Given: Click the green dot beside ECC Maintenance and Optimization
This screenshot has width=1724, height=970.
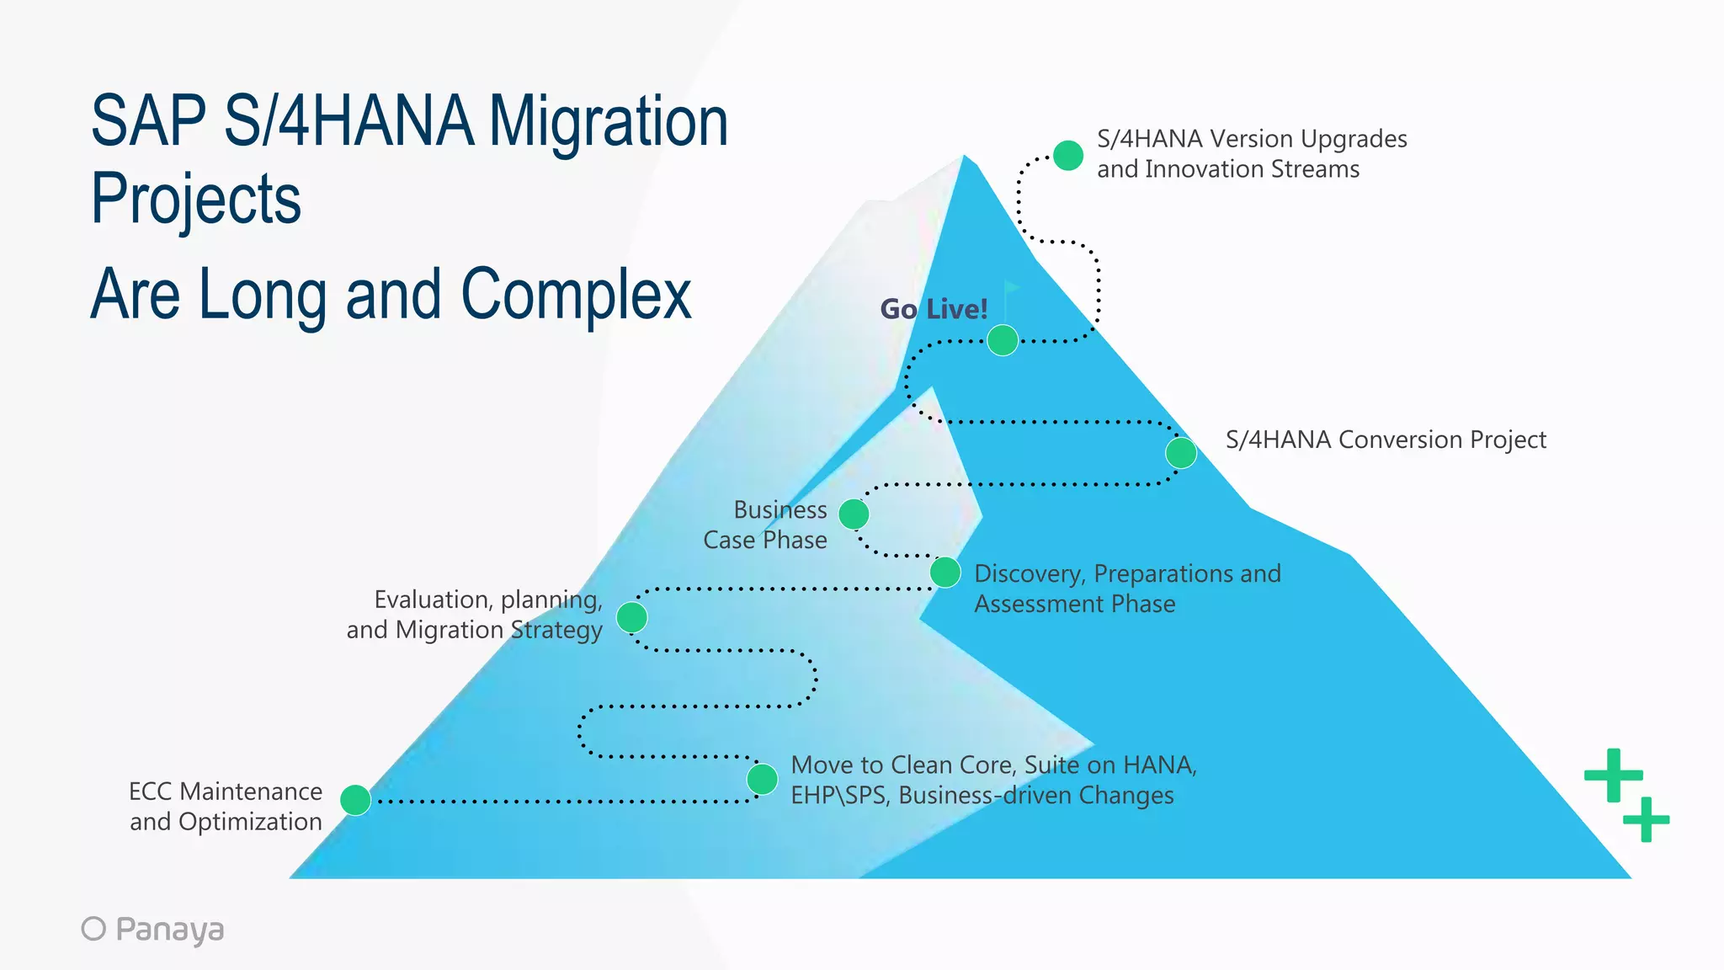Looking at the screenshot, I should click(355, 799).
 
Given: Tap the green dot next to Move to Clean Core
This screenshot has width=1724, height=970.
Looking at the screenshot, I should click(762, 779).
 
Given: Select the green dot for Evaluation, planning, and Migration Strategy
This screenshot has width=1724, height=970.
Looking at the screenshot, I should click(631, 617).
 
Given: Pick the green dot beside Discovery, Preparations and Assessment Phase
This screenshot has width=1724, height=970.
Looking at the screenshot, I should click(945, 573).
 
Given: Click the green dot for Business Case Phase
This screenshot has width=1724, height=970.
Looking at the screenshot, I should click(854, 514).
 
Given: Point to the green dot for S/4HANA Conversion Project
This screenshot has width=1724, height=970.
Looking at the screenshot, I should click(1181, 453).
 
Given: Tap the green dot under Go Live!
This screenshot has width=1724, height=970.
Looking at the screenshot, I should click(1003, 340).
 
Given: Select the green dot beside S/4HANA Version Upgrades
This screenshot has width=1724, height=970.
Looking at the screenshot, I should click(1068, 156).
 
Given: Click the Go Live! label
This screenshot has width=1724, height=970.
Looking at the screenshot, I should click(934, 309).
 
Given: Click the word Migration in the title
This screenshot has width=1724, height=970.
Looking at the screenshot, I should click(608, 122).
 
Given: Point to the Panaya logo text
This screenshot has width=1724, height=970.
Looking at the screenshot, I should click(169, 929).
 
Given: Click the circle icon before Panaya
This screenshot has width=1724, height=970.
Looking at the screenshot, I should click(93, 928).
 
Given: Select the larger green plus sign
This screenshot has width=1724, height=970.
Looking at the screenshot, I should click(1613, 775).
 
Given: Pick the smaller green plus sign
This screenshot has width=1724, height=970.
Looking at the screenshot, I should click(1646, 818).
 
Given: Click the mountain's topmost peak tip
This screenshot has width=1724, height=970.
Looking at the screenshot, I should click(965, 157).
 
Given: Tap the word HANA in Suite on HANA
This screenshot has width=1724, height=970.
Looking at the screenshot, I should click(1158, 765).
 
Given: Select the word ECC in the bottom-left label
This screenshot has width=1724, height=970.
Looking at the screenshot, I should click(152, 791).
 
